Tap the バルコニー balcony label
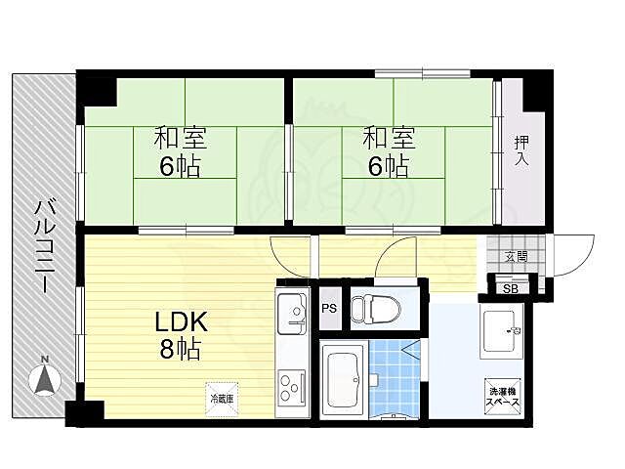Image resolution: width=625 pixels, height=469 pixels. pyautogui.click(x=46, y=247)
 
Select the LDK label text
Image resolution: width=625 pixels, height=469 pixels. pyautogui.click(x=182, y=321)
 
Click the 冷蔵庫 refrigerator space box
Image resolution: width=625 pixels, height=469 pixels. pyautogui.click(x=222, y=400)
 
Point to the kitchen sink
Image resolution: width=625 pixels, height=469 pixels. pyautogui.click(x=293, y=314)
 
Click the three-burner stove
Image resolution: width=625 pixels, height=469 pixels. pyautogui.click(x=292, y=386)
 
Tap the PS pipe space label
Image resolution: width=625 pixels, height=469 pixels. pyautogui.click(x=330, y=308)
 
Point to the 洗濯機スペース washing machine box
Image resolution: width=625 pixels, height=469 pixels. pyautogui.click(x=503, y=397)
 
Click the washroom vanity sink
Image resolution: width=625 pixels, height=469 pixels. pyautogui.click(x=503, y=330)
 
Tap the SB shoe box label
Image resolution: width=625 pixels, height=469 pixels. pyautogui.click(x=511, y=289)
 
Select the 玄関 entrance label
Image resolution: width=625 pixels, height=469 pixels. pyautogui.click(x=517, y=256)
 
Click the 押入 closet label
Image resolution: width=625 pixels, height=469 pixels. pyautogui.click(x=521, y=150)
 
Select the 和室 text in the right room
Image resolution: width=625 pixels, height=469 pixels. pyautogui.click(x=389, y=138)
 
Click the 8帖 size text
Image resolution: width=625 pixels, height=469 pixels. pyautogui.click(x=180, y=349)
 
